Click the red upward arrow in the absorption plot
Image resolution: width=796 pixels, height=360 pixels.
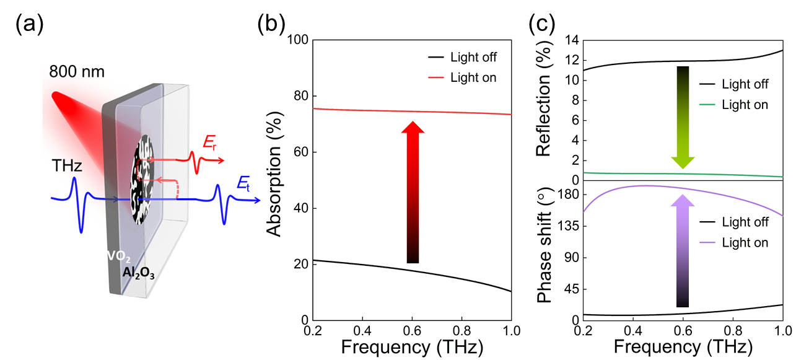413,192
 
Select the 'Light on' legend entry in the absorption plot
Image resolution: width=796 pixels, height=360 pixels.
462,77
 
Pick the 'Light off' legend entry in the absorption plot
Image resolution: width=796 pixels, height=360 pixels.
462,58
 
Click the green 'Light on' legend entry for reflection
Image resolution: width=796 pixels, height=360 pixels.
733,105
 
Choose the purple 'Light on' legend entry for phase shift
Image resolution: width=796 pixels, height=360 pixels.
733,242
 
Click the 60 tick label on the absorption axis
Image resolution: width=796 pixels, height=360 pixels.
300,152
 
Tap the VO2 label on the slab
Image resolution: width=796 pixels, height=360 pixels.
118,256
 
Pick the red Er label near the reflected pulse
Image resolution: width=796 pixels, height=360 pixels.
211,144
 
